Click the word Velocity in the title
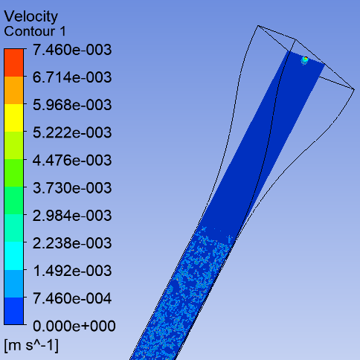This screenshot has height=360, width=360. (31, 17)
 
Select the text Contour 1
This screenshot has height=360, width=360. (35, 31)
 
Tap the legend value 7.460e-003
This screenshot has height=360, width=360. (72, 50)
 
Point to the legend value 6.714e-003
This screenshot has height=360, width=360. (72, 77)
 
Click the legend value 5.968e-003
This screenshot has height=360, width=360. (72, 105)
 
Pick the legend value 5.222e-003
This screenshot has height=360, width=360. (72, 132)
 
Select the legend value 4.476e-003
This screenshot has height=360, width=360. (72, 160)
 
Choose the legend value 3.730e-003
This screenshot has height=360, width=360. (72, 187)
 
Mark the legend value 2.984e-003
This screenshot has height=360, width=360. (72, 216)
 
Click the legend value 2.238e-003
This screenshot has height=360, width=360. (72, 243)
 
